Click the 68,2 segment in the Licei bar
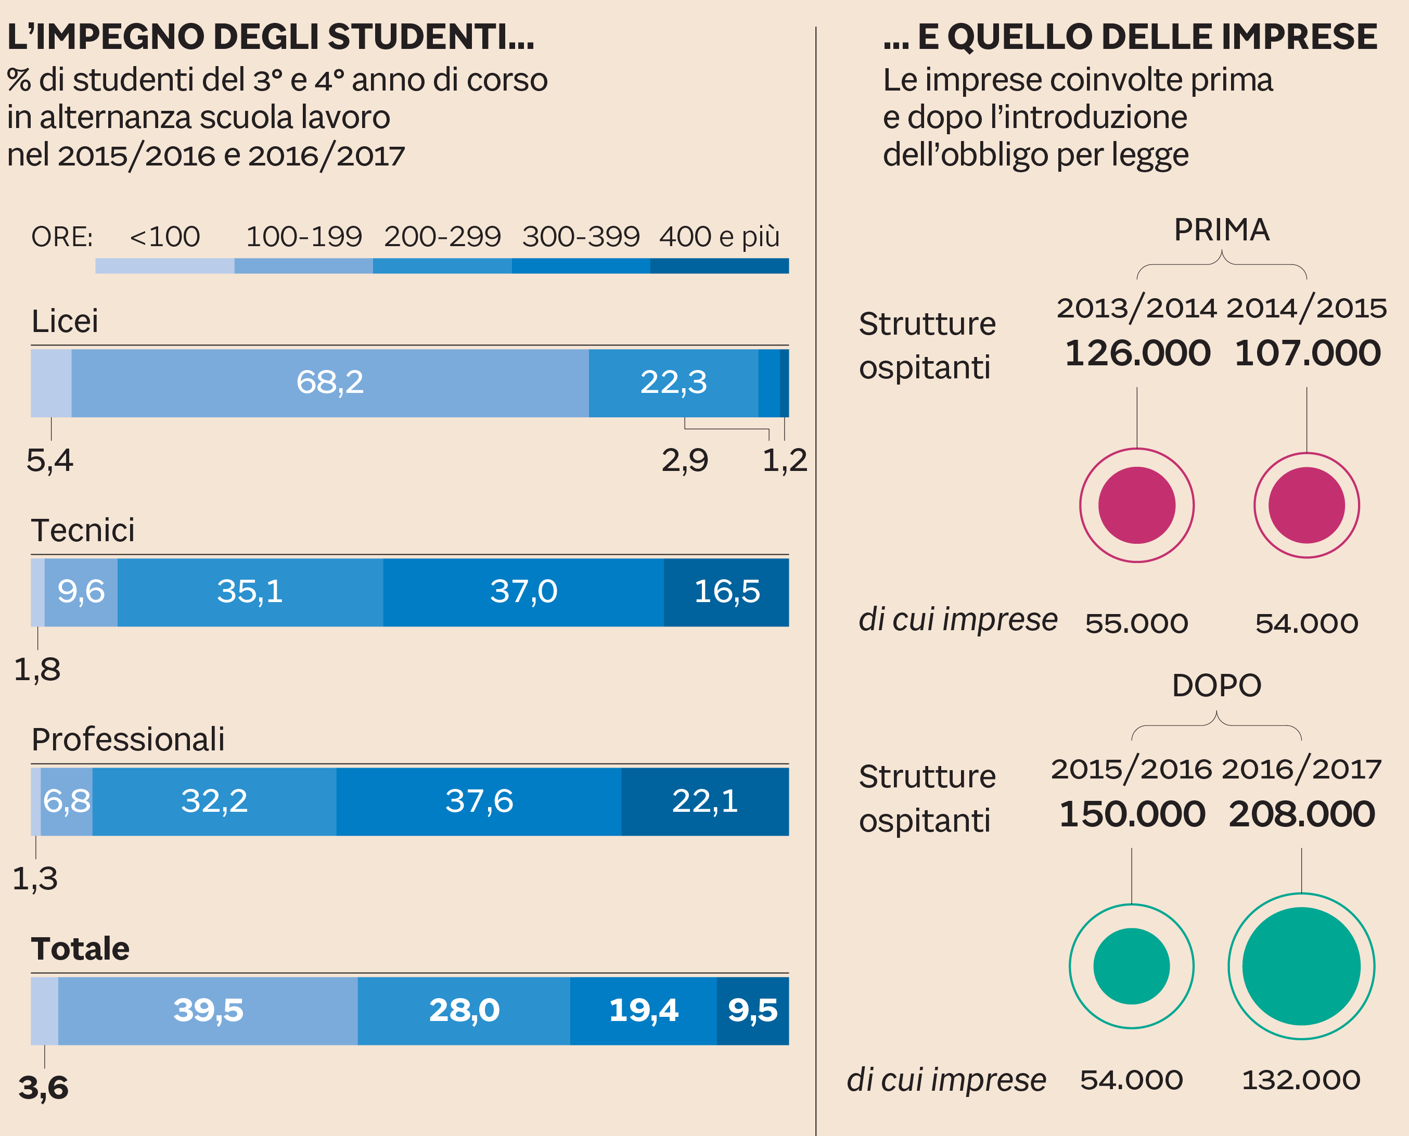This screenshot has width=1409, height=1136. pos(330,383)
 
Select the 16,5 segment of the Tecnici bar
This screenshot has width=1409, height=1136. pos(726,592)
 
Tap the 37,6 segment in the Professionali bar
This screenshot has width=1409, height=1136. pos(479,801)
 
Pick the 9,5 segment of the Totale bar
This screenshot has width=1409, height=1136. pos(752,1011)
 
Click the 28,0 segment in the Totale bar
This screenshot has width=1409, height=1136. pos(464,1011)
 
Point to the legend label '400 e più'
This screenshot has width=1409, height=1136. pos(719,237)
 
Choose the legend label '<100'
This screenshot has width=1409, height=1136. pos(165,237)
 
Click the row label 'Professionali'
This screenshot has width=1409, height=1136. pos(128,739)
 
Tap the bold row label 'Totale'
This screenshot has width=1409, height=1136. pos(81,949)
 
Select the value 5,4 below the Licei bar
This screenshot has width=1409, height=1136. pos(50,461)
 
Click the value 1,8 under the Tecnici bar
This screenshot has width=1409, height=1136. pos(37,670)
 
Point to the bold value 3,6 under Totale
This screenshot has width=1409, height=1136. pos(43,1088)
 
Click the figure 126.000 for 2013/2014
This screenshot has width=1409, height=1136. pos(1137,353)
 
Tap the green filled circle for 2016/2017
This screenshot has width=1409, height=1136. pos(1301,966)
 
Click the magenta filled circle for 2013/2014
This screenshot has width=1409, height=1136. pos(1137,505)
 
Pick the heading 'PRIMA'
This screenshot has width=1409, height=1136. pos(1221,231)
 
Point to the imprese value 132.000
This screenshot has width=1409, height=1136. pos(1301,1080)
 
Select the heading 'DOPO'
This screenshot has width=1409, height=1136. pos(1216,686)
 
